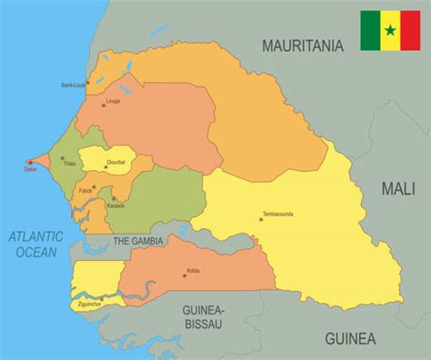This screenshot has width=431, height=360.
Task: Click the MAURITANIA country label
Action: point(303,45)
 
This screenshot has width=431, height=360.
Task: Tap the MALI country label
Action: point(398,189)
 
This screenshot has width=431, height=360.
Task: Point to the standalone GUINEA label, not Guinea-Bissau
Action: point(350,339)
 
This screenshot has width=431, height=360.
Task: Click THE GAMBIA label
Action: point(138,241)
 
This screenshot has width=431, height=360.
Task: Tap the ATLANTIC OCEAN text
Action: point(35,244)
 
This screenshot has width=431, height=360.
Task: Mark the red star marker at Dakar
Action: point(30,163)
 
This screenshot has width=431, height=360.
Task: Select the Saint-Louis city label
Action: point(74,85)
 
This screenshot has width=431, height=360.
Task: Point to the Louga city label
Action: point(113,101)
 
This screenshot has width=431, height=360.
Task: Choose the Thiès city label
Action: point(70,165)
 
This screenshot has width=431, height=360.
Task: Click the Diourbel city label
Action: point(116,162)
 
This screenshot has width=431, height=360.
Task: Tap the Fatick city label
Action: point(85,191)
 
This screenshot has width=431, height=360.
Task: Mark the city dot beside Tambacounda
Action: point(260,219)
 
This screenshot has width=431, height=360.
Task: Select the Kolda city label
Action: point(193,270)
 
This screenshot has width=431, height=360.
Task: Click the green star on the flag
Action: point(389,31)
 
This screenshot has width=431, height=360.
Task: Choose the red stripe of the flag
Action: point(409,31)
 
